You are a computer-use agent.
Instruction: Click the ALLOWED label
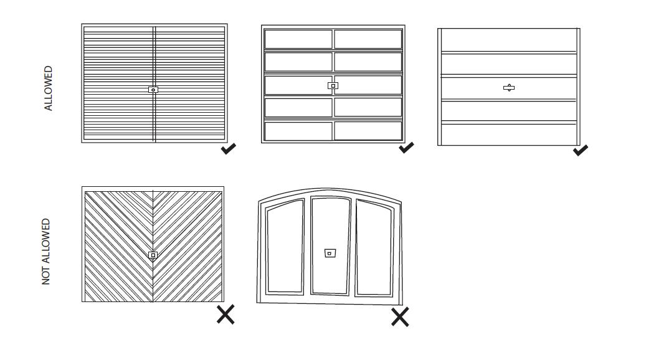click(x=49, y=88)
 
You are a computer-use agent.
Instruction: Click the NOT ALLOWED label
click(x=46, y=252)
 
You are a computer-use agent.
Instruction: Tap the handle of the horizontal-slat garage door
click(x=153, y=90)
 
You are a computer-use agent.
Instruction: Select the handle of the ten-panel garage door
click(x=333, y=85)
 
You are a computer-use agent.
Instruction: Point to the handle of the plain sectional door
click(x=509, y=88)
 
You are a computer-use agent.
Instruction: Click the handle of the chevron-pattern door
click(x=153, y=255)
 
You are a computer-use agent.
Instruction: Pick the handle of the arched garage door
click(x=330, y=253)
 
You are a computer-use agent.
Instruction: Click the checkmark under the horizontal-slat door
click(x=229, y=149)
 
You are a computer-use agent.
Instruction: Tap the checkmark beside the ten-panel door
click(x=406, y=148)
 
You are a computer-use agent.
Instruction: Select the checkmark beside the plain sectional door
click(x=581, y=149)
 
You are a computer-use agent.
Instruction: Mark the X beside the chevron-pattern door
click(x=226, y=315)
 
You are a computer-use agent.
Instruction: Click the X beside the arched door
click(x=400, y=317)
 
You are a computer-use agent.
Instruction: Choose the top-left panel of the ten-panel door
click(x=298, y=39)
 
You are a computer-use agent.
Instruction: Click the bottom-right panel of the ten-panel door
click(x=368, y=131)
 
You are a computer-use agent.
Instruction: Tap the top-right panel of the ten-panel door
click(x=368, y=39)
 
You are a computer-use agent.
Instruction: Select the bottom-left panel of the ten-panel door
click(x=298, y=131)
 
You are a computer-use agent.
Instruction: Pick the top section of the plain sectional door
click(x=509, y=40)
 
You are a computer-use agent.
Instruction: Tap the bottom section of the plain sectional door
click(x=509, y=135)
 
